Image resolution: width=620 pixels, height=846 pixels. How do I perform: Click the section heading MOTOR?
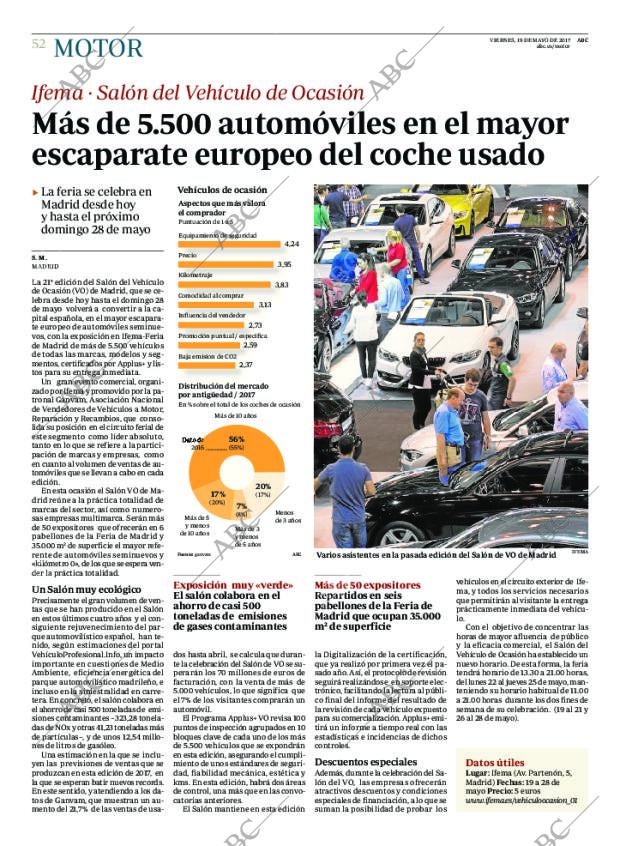click(x=98, y=47)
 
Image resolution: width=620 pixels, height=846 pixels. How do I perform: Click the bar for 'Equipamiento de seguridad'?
click(x=229, y=244)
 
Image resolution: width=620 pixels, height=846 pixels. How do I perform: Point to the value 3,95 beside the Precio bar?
click(x=283, y=264)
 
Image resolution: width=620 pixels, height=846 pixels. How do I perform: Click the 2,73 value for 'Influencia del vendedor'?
click(x=254, y=325)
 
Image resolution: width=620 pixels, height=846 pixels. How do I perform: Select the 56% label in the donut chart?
click(x=236, y=440)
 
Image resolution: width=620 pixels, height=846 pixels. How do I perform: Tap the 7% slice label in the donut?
click(x=240, y=507)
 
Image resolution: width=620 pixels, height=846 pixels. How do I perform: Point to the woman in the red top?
click(x=368, y=280)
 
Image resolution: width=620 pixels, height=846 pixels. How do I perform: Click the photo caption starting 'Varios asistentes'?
click(x=435, y=554)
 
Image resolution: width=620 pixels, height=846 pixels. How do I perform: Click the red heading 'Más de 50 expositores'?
click(x=360, y=585)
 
